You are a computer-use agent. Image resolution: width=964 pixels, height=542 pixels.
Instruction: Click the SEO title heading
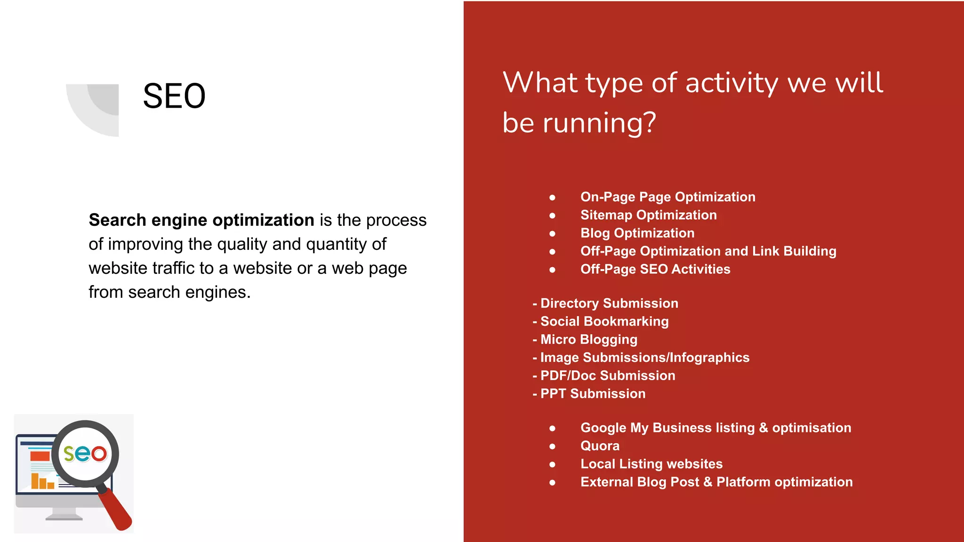click(x=174, y=96)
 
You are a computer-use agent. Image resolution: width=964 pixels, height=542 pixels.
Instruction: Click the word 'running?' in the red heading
click(x=599, y=123)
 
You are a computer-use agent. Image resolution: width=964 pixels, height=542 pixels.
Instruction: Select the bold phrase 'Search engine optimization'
click(x=201, y=220)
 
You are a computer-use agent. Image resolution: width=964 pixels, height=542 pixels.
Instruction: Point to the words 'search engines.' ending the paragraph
click(x=189, y=292)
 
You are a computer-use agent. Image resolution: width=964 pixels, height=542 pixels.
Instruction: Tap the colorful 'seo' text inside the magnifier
click(x=85, y=453)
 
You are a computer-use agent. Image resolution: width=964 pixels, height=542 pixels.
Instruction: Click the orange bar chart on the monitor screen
click(x=42, y=481)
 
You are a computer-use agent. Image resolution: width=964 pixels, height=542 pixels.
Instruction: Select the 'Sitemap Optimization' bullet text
click(x=648, y=215)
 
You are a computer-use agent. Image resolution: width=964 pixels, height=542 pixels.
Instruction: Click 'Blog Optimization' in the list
click(x=637, y=233)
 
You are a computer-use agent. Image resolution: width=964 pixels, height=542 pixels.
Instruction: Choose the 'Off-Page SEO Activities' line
click(x=655, y=269)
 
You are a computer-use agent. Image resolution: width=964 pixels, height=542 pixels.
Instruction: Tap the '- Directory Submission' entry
click(x=605, y=303)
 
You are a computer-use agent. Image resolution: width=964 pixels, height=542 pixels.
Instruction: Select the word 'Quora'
click(x=600, y=446)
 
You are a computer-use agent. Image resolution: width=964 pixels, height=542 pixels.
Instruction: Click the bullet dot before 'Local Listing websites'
click(x=552, y=464)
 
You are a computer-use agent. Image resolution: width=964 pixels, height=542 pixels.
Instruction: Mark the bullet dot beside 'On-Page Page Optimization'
click(x=552, y=198)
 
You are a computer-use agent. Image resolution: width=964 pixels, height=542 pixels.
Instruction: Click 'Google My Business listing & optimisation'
click(x=715, y=428)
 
